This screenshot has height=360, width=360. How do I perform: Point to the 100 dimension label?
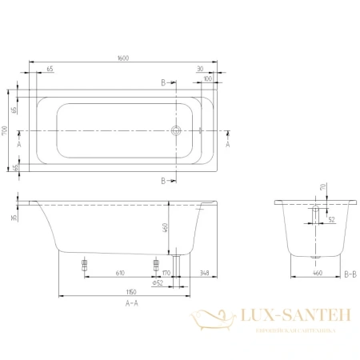coord(208,79)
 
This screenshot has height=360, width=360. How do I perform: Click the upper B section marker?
coord(163,82)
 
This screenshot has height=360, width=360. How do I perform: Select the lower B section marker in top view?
coord(163,180)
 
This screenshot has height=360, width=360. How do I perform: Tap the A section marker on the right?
coord(229,145)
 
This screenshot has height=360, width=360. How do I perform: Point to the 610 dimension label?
coord(120,272)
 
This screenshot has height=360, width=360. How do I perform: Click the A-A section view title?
coord(133,304)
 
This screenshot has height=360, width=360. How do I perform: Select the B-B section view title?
coord(348,273)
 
